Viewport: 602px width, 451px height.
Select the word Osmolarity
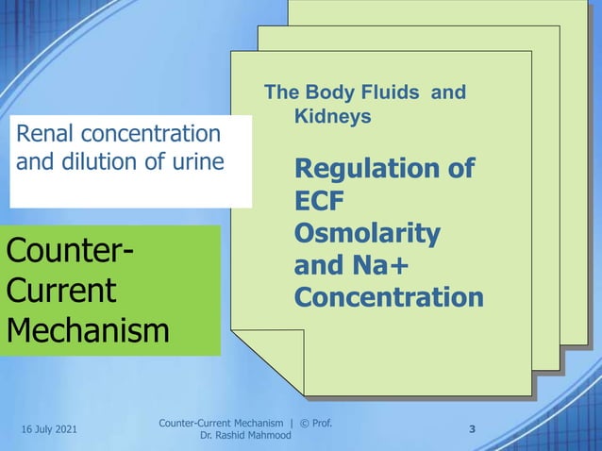click(366, 235)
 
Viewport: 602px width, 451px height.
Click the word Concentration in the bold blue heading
click(388, 298)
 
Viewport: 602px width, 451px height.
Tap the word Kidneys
click(332, 117)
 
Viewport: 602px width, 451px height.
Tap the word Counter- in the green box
click(69, 253)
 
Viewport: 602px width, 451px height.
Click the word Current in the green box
click(60, 290)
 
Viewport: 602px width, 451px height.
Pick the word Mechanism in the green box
click(88, 330)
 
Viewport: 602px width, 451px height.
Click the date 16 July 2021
click(49, 430)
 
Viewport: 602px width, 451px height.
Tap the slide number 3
click(472, 430)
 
